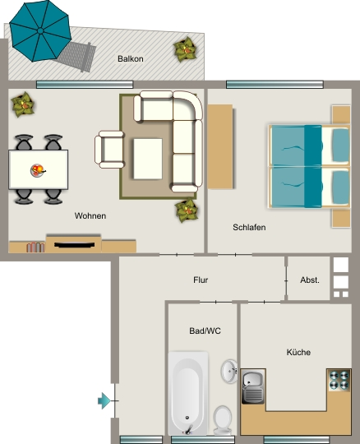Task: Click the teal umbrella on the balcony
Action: (40, 30)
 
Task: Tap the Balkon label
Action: (131, 59)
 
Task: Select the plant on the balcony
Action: (185, 49)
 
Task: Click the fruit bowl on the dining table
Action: (38, 170)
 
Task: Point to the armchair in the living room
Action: (109, 150)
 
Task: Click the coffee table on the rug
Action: (148, 159)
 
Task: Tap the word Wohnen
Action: (90, 215)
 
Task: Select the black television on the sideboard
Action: (75, 245)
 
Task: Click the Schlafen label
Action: (249, 228)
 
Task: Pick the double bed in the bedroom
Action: (309, 166)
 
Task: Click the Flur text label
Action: (201, 280)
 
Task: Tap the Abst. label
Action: (310, 280)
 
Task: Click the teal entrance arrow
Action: (104, 400)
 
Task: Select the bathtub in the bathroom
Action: (188, 394)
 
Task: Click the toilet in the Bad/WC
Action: (223, 420)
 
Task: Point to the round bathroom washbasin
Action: (229, 371)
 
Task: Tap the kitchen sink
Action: (253, 386)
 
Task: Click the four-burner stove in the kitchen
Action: (339, 381)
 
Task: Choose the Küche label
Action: (298, 352)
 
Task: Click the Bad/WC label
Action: (205, 331)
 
